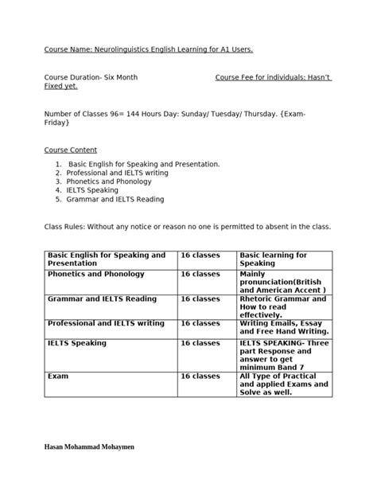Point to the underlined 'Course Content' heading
(x=70, y=150)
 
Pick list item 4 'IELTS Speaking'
(x=94, y=190)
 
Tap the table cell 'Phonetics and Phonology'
(x=96, y=274)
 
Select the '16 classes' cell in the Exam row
(x=200, y=375)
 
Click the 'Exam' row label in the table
(x=53, y=375)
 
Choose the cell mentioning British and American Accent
(x=282, y=283)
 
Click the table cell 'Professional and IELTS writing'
(x=106, y=323)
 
